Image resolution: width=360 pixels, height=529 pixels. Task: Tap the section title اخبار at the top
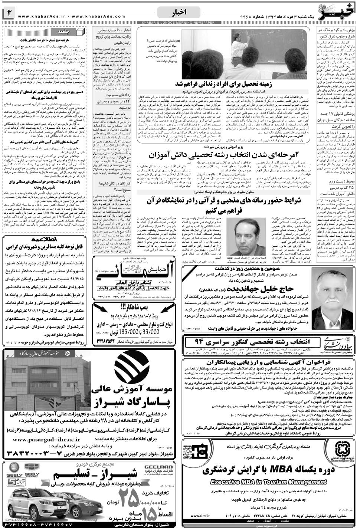(x=179, y=14)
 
